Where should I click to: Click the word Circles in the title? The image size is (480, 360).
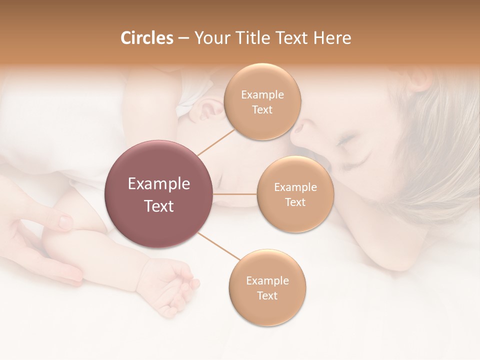(x=146, y=38)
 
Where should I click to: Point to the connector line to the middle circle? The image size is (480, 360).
(x=235, y=194)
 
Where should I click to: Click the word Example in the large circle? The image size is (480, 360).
(x=159, y=184)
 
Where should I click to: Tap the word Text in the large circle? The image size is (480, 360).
(x=159, y=206)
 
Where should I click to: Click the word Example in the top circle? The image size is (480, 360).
(x=262, y=95)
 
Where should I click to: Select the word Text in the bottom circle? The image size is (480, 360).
(x=267, y=295)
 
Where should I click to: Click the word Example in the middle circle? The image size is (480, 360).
(x=295, y=187)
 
